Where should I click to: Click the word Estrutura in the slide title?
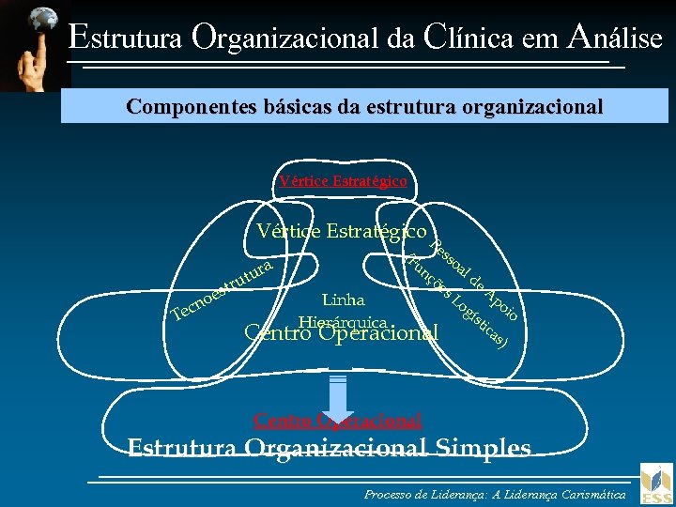coord(127,38)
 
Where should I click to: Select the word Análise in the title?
coord(615,37)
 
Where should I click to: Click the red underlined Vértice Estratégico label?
coord(343,181)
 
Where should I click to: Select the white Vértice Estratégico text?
coord(343,231)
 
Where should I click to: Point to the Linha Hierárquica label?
coord(343,310)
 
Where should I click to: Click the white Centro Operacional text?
coord(341,332)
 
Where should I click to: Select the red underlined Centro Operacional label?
coord(338,421)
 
